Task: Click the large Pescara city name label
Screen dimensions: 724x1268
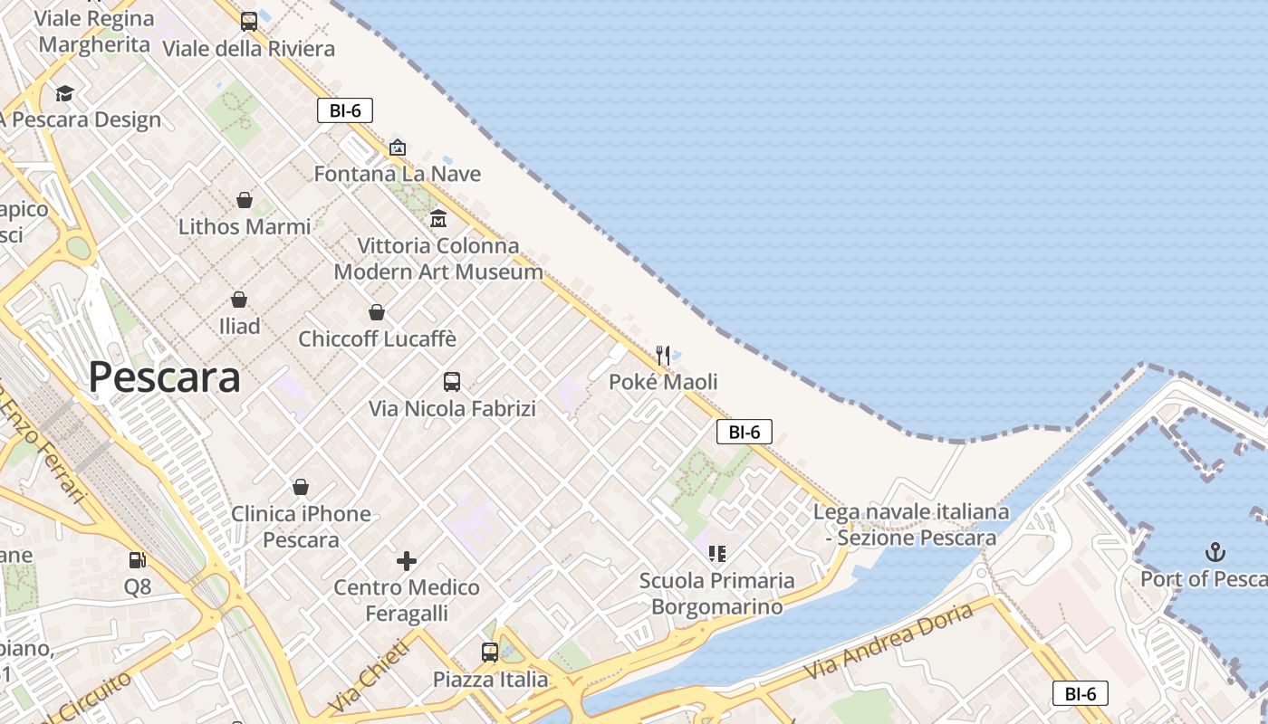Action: click(165, 377)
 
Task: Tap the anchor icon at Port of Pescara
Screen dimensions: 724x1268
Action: click(1215, 551)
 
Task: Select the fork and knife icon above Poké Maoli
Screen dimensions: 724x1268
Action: click(663, 355)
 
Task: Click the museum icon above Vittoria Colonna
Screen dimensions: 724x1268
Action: click(438, 218)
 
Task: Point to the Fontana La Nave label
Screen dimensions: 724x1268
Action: click(397, 174)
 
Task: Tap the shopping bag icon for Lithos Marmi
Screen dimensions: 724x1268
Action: click(245, 200)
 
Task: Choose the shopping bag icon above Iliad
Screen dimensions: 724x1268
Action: click(239, 300)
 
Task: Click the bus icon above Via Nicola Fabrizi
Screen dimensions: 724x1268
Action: click(452, 382)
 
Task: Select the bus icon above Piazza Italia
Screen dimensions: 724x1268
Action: click(490, 652)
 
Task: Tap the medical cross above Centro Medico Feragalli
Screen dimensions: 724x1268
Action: click(407, 561)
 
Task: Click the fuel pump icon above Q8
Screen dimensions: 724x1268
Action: click(138, 561)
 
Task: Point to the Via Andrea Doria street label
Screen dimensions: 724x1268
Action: click(889, 643)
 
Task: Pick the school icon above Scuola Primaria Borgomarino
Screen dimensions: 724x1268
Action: click(717, 553)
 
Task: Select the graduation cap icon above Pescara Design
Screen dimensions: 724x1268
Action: click(64, 93)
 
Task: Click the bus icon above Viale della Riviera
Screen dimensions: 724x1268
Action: click(249, 22)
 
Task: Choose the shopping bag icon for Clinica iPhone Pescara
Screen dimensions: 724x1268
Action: click(301, 488)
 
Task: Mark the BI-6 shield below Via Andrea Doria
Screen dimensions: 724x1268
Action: click(1081, 693)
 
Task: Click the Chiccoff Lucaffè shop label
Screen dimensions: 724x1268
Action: click(377, 338)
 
